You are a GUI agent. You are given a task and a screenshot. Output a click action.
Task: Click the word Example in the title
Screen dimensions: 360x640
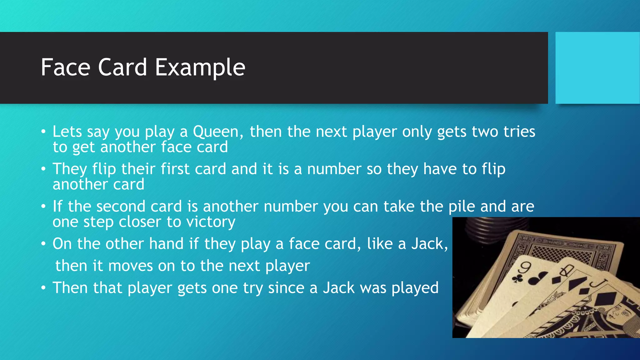[200, 67]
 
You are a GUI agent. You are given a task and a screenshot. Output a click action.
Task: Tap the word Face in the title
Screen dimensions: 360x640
[66, 67]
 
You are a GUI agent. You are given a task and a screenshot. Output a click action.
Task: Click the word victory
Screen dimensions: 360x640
[211, 222]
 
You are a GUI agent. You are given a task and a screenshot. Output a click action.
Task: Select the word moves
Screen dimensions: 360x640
[130, 266]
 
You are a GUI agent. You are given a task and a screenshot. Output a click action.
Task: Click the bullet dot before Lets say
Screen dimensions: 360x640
[43, 131]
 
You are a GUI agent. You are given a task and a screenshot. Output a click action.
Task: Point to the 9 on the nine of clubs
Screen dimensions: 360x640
[525, 267]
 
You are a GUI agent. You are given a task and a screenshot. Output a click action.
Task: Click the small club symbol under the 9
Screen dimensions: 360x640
[517, 278]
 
